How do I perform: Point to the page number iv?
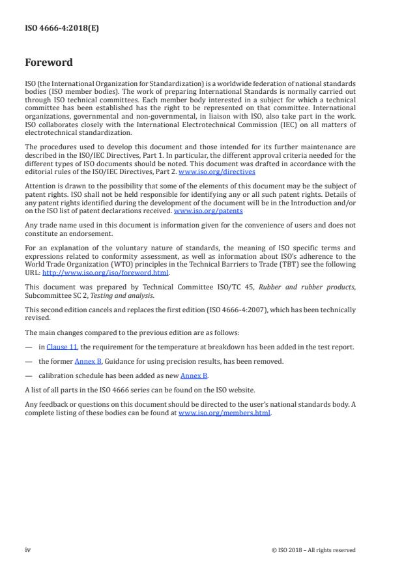27,549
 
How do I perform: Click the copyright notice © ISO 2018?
313,550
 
